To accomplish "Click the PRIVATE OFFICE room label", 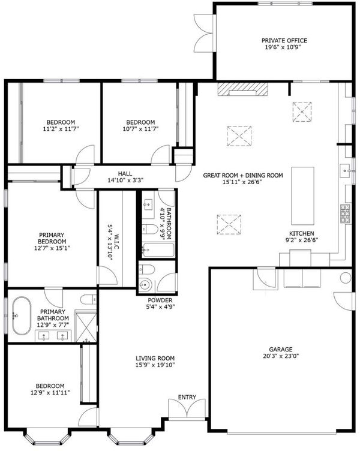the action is pyautogui.click(x=284, y=41).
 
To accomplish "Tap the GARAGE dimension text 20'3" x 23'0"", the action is pyautogui.click(x=281, y=356).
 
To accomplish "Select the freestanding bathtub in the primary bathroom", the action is pyautogui.click(x=22, y=316).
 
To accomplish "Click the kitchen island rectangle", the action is pyautogui.click(x=302, y=196).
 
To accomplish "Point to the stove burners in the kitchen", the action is pyautogui.click(x=346, y=214).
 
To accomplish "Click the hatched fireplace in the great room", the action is pyautogui.click(x=242, y=89).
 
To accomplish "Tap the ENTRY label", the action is pyautogui.click(x=187, y=397).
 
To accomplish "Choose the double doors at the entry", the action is pyautogui.click(x=187, y=408).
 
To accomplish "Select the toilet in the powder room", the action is pyautogui.click(x=147, y=269).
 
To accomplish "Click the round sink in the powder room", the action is pyautogui.click(x=145, y=285).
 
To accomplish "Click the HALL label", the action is pyautogui.click(x=125, y=173).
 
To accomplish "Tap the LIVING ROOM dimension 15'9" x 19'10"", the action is pyautogui.click(x=155, y=365).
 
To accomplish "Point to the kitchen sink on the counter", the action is pyautogui.click(x=345, y=170).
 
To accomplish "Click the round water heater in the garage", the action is pyautogui.click(x=346, y=278).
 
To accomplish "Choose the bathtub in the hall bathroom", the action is pyautogui.click(x=158, y=250).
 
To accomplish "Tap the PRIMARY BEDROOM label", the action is pyautogui.click(x=52, y=238).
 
